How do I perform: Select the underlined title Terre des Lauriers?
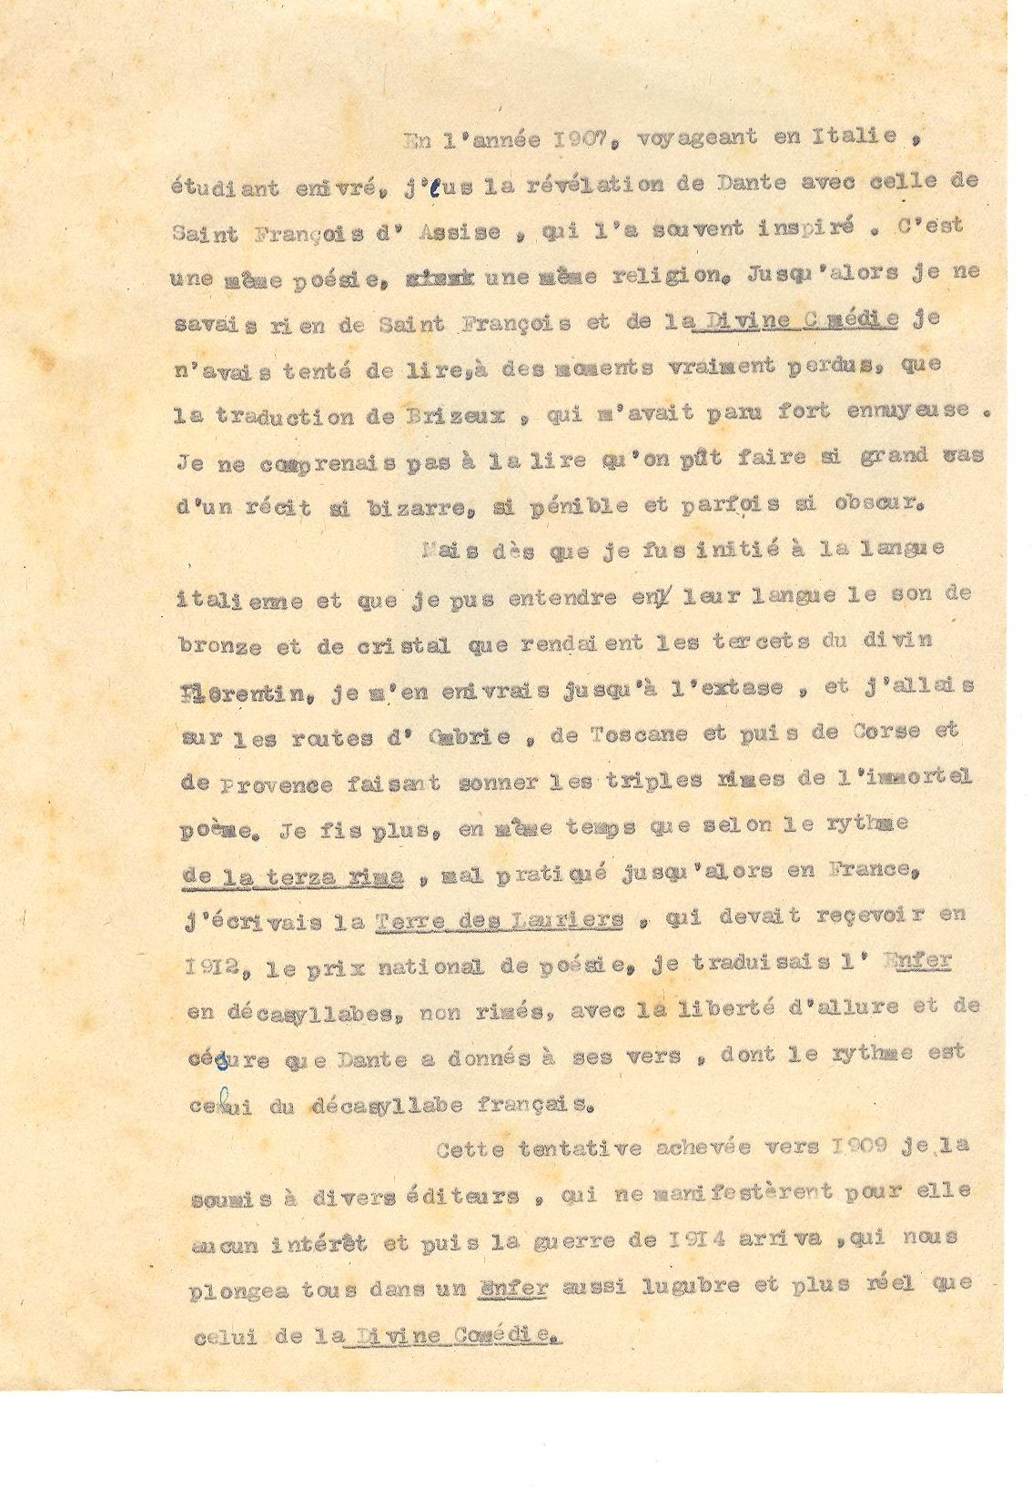[500, 919]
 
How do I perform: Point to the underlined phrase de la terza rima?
[294, 875]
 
